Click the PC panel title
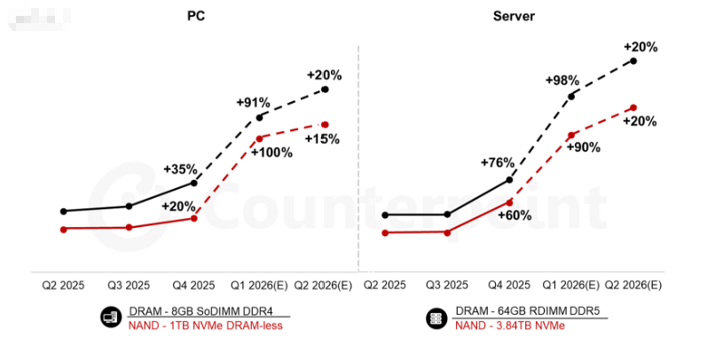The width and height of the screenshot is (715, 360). coord(195,17)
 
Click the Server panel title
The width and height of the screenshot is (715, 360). coord(515,17)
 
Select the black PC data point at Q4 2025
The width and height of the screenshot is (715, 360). coord(194,182)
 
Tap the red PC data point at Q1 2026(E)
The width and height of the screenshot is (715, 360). coord(260,138)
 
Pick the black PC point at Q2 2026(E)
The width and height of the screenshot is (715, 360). coord(326,90)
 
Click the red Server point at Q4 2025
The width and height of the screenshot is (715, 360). coord(508,201)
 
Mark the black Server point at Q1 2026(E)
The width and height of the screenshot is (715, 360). coord(571,95)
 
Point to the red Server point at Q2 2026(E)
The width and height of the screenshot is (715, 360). coord(632,108)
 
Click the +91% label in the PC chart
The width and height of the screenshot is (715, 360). coord(253,103)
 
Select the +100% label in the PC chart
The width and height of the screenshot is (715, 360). coord(271,153)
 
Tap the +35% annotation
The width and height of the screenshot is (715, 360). coord(180,168)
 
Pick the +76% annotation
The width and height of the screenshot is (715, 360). coord(498,162)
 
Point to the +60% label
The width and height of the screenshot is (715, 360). coord(514,215)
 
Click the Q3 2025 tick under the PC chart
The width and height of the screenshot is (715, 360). coord(129,286)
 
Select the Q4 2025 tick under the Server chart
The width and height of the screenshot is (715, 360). coord(509,286)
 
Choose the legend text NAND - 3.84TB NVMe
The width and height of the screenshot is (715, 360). coord(509,326)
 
